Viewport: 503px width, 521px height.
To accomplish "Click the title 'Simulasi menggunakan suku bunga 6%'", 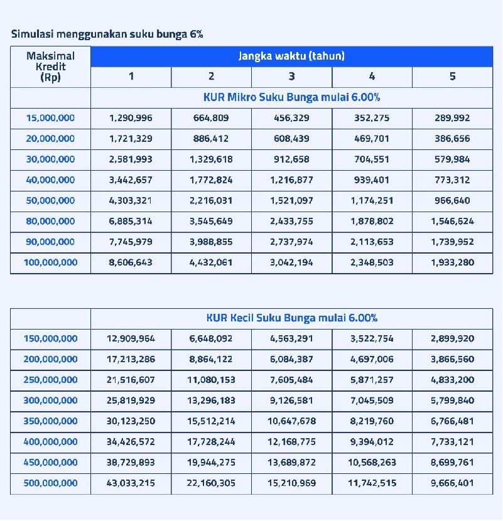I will click(107, 34).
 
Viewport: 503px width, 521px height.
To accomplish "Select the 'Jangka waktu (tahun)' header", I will click(291, 56).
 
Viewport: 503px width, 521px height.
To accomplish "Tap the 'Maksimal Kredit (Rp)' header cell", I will click(50, 67).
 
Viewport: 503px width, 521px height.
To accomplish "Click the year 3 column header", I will click(291, 77).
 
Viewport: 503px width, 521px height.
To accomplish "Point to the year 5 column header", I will click(452, 77).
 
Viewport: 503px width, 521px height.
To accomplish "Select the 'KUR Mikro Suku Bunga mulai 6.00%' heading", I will click(291, 97).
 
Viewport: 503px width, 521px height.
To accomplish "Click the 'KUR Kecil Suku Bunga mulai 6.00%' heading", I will click(291, 318).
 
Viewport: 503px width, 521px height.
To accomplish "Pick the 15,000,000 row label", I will click(50, 118).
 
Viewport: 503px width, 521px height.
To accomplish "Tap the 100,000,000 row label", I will click(50, 263).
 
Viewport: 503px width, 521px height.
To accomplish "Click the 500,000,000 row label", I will click(50, 483).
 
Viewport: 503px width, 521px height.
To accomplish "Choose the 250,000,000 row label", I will click(50, 380).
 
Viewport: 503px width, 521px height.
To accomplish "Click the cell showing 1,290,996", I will click(131, 118).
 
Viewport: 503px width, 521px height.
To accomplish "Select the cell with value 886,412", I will click(211, 139).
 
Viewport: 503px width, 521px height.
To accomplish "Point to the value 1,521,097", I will click(291, 201).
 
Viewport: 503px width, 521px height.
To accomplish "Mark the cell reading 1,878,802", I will click(372, 222).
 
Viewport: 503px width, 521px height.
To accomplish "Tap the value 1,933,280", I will click(452, 263).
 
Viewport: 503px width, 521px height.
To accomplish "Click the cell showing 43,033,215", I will click(131, 483).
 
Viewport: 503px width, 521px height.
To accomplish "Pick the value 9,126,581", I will click(291, 400).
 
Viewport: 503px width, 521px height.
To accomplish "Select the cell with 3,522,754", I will click(372, 339).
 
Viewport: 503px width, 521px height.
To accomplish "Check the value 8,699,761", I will click(452, 463).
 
